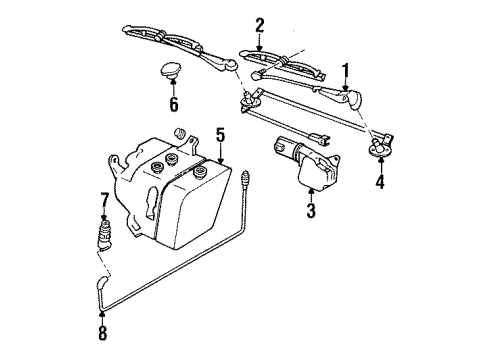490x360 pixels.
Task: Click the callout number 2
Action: point(259,24)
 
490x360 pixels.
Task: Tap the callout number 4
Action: point(379,181)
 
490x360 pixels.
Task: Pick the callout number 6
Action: point(173,103)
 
